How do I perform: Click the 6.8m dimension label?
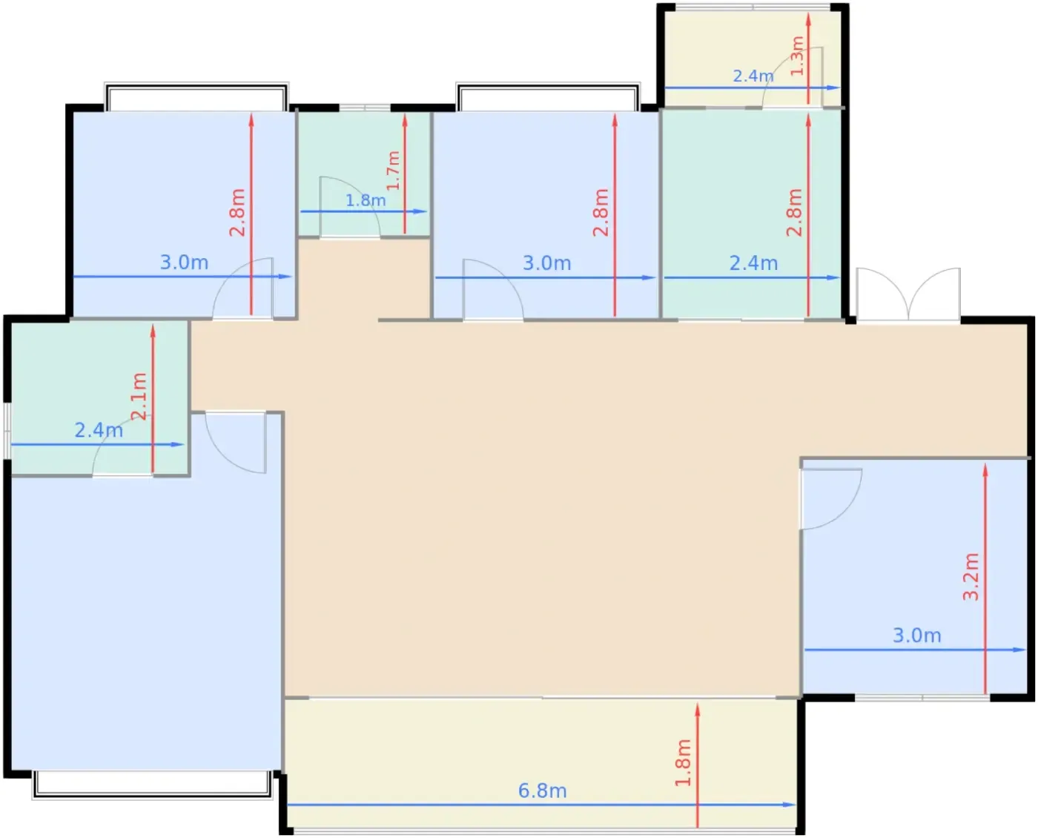[x=542, y=791]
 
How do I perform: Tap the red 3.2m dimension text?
[x=971, y=577]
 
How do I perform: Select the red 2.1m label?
[x=139, y=396]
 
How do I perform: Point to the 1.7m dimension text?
[x=393, y=171]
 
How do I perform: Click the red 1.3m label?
[x=796, y=56]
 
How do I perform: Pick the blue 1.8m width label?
[x=366, y=200]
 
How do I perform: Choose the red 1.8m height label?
[x=683, y=763]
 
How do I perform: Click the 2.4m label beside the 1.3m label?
[x=753, y=76]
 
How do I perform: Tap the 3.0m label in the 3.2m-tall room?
[x=916, y=636]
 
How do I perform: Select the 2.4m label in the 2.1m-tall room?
[x=99, y=430]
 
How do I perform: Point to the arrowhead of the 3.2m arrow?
[x=985, y=469]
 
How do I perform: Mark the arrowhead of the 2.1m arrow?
[x=153, y=331]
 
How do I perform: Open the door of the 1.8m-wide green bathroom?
[x=349, y=207]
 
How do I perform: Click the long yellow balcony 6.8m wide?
[x=542, y=763]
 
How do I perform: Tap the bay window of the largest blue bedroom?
[x=152, y=785]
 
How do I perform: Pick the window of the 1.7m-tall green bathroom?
[x=365, y=108]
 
